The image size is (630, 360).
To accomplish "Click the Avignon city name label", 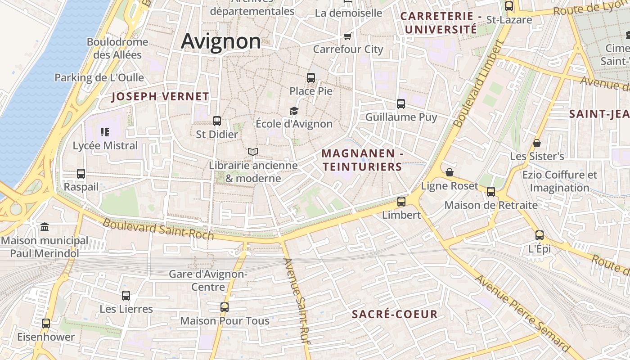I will click(220, 41).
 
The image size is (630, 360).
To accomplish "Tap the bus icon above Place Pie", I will click(311, 77).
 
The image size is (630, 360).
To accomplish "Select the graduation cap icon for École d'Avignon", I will click(294, 111).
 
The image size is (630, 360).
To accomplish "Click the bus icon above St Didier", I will click(217, 121).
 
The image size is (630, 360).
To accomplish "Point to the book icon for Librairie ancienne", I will click(253, 152).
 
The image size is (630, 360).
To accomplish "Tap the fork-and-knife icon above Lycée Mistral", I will click(105, 132).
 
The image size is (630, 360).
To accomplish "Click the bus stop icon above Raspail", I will click(81, 173).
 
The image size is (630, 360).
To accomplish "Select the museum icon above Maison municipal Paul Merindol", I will click(45, 227).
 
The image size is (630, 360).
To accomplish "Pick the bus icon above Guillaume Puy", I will click(401, 104).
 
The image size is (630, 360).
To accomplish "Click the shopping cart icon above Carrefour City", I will click(347, 36).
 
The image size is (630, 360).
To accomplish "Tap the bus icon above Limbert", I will click(401, 201).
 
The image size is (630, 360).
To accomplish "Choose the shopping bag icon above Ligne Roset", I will click(449, 172).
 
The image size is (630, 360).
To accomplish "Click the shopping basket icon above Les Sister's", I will click(536, 143).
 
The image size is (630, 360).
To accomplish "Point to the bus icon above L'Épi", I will click(540, 235).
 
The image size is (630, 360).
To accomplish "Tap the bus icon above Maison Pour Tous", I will click(225, 307).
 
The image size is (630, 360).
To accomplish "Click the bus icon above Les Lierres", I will click(126, 296).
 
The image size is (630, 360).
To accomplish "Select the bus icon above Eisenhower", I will click(46, 323).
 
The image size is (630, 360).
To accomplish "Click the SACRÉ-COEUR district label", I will click(395, 314).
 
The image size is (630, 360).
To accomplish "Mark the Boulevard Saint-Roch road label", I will click(158, 229).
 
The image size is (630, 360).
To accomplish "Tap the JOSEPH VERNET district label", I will click(160, 96).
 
